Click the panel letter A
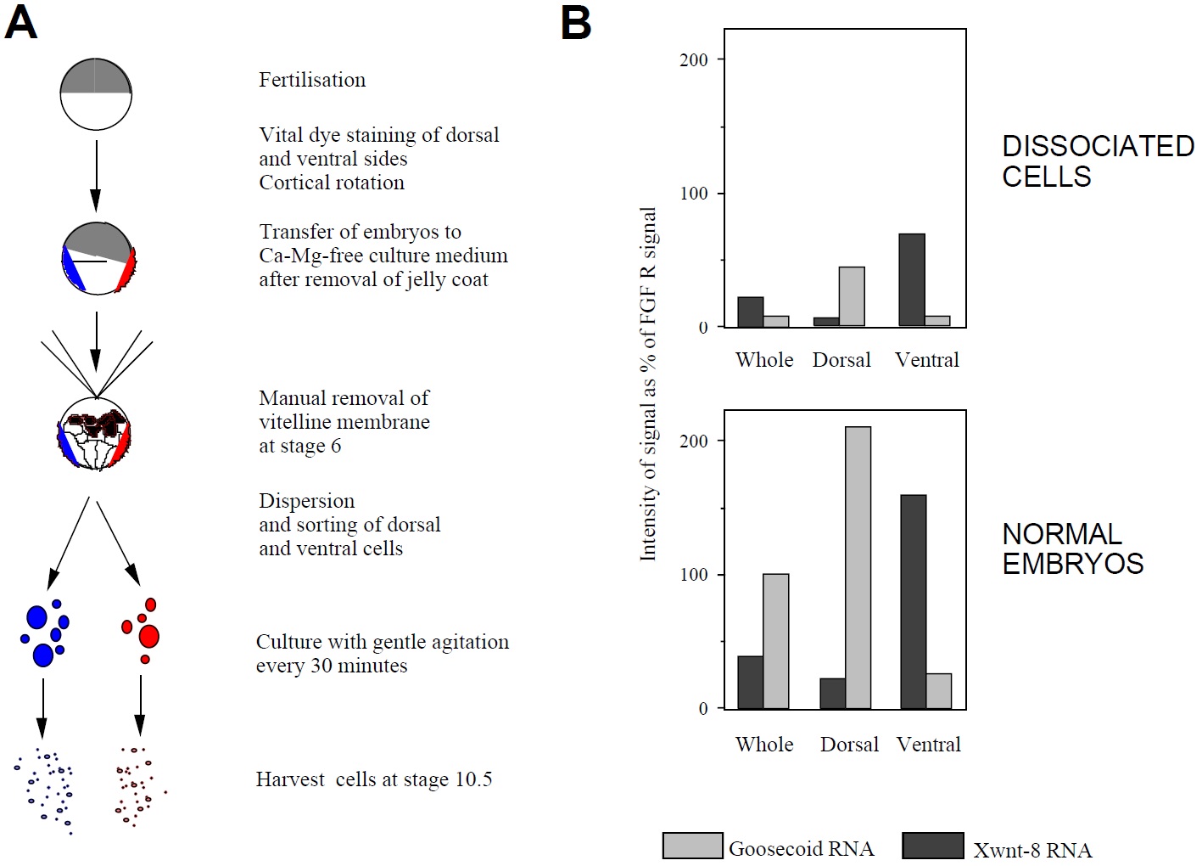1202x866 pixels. pos(21,23)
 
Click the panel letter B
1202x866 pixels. pos(576,23)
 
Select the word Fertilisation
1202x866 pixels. pos(312,80)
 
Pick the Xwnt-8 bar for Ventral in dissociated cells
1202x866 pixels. pos(912,280)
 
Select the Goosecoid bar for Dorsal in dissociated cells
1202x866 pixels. pos(852,296)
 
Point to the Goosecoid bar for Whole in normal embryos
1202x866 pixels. pos(775,641)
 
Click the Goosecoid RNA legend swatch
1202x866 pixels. pos(692,846)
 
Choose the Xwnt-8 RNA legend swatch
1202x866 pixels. pos(932,846)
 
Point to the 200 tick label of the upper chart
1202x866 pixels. pos(694,60)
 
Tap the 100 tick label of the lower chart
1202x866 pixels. pos(694,575)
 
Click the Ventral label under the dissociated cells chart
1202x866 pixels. pos(927,360)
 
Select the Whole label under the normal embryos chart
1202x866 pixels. pos(764,745)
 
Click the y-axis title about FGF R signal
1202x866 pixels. pos(648,384)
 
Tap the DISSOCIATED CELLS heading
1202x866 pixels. pos(1098,161)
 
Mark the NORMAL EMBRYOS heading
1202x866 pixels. pos(1072,548)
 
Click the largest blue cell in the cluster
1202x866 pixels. pos(43,655)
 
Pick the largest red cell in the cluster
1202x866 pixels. pos(149,635)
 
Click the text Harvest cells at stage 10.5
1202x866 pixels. pos(374,779)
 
